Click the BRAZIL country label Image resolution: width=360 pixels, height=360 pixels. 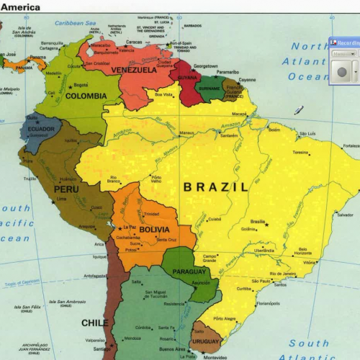pos(215,186)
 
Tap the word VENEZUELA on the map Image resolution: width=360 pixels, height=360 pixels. pos(134,71)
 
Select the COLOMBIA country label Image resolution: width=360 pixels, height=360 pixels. pos(86,96)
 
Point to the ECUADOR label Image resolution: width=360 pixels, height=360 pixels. pos(41,130)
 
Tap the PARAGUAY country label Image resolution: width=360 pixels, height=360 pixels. pos(191,273)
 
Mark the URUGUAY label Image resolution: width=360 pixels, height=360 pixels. pos(205,341)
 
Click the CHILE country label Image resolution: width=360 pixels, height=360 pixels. pos(94,323)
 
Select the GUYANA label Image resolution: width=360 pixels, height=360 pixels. pos(187,78)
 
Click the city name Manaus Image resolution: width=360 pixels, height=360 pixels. pos(186,133)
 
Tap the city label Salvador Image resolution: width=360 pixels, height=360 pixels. pos(345,215)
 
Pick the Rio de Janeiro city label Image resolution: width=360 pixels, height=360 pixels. pos(283,274)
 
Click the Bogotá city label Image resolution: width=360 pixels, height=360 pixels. pos(81,85)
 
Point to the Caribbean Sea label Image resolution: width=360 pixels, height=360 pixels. pos(76,23)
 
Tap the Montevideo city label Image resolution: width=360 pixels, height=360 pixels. pos(215,357)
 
